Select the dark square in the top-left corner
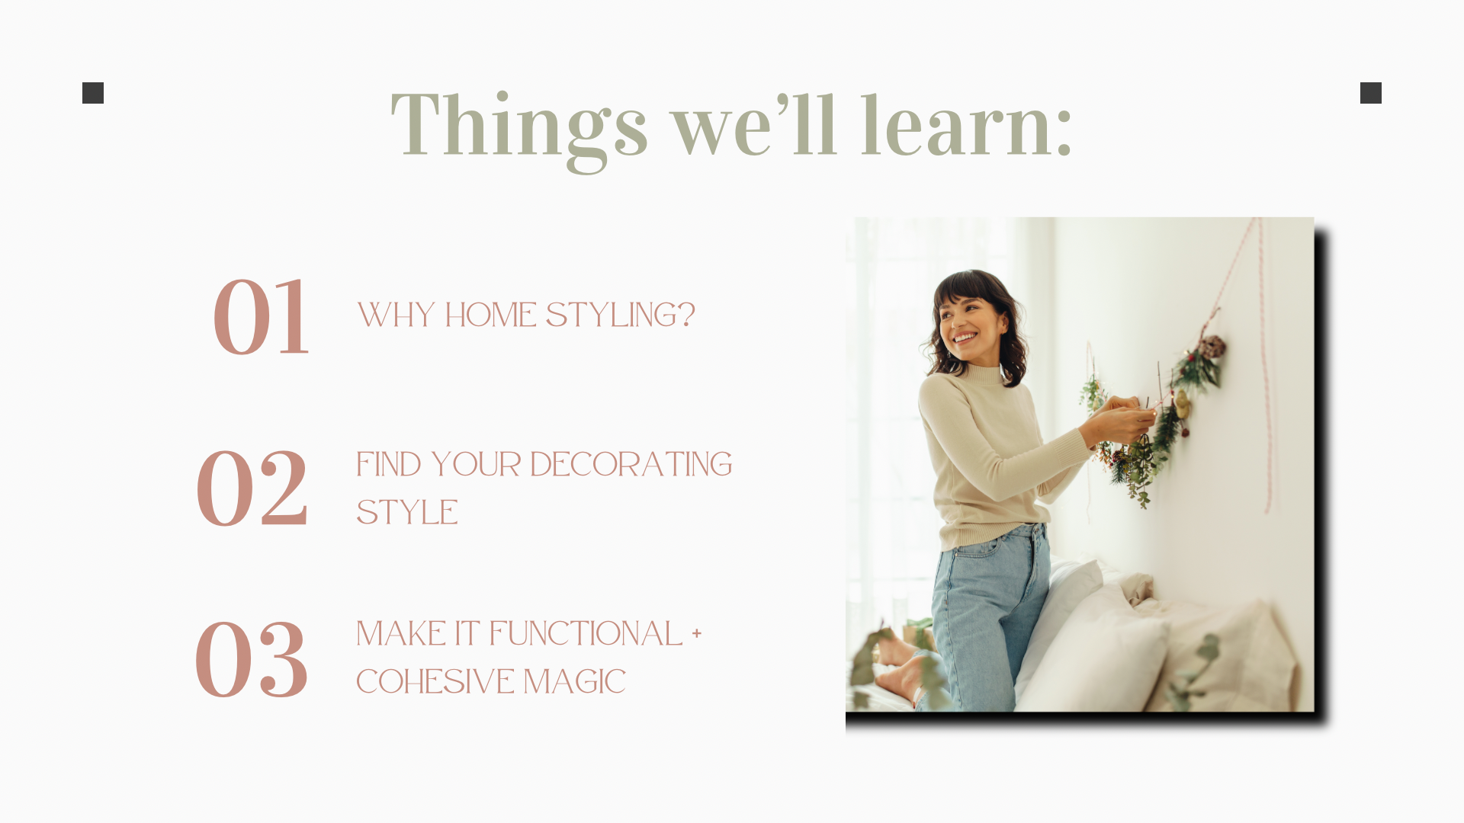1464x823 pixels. click(x=93, y=93)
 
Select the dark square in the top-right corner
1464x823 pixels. click(x=1371, y=93)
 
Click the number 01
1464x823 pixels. click(x=262, y=316)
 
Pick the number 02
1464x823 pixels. click(x=252, y=488)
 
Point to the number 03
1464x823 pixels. click(x=252, y=658)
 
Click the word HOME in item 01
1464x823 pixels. click(x=491, y=315)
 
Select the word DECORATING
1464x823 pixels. click(x=631, y=464)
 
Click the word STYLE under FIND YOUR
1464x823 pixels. click(x=407, y=512)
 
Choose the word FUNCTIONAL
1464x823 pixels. click(x=586, y=634)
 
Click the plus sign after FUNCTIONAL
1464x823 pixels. click(x=696, y=633)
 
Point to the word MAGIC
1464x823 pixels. click(x=574, y=682)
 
